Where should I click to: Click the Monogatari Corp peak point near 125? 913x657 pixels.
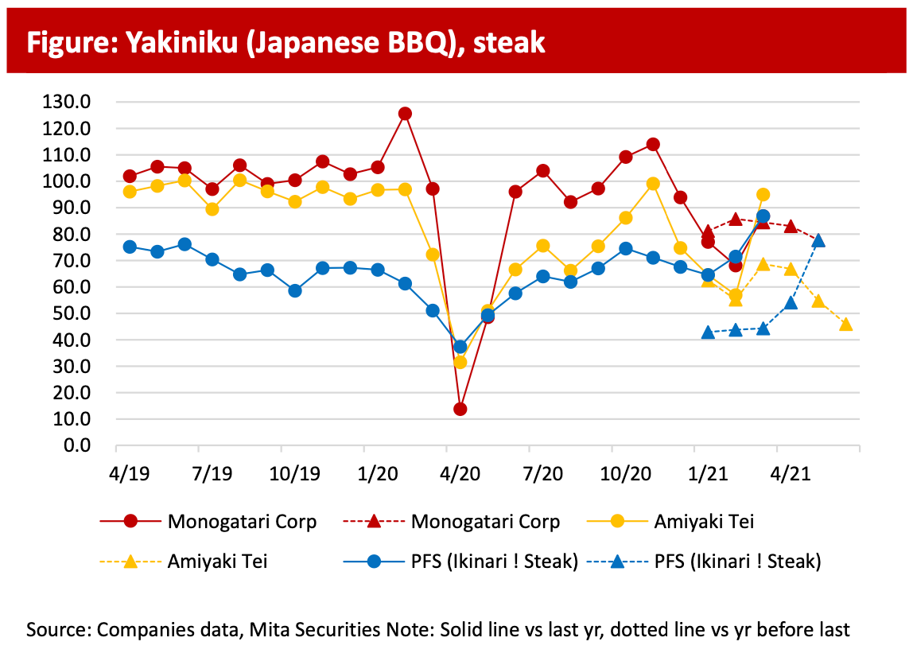pyautogui.click(x=405, y=114)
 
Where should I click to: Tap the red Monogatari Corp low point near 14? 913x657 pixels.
pyautogui.click(x=460, y=409)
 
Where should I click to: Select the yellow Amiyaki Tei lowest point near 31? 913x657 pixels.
pyautogui.click(x=460, y=362)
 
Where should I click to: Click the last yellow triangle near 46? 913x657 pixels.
pyautogui.click(x=845, y=324)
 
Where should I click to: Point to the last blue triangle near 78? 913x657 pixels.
pyautogui.click(x=818, y=240)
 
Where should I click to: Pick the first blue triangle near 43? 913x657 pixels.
pyautogui.click(x=708, y=332)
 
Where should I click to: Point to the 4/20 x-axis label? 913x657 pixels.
pyautogui.click(x=460, y=474)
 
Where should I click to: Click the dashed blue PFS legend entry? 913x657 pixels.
pyautogui.click(x=704, y=562)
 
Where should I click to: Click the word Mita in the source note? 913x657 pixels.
pyautogui.click(x=268, y=630)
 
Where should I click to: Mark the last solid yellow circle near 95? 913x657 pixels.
pyautogui.click(x=763, y=195)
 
